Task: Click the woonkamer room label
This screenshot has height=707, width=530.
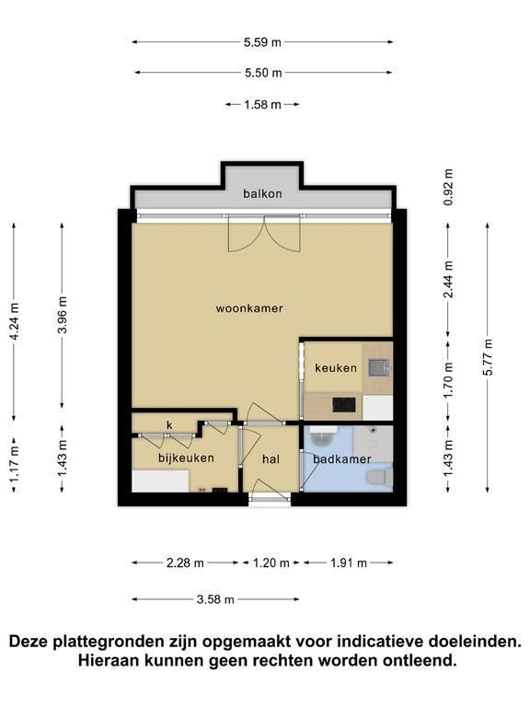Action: point(249,308)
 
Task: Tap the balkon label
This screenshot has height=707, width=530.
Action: point(262,193)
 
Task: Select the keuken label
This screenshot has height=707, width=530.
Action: point(336,368)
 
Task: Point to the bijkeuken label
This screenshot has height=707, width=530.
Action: point(186,458)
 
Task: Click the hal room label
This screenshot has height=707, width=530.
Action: point(271,459)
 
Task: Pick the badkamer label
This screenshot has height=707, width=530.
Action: point(342,459)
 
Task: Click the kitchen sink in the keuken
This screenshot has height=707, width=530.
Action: point(378,367)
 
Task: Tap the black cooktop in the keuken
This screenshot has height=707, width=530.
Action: point(344,404)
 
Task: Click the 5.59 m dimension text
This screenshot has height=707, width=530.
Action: point(262,42)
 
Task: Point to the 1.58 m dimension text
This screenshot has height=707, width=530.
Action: point(262,105)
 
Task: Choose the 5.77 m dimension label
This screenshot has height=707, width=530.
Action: point(488,356)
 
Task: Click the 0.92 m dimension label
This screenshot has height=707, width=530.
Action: point(448,187)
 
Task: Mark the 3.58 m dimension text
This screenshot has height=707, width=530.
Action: point(215,599)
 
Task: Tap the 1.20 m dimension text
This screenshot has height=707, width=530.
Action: point(271,562)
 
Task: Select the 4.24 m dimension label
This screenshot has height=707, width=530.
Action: point(15,322)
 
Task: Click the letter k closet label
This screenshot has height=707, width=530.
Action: point(169,425)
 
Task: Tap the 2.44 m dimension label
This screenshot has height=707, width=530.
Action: point(448,280)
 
